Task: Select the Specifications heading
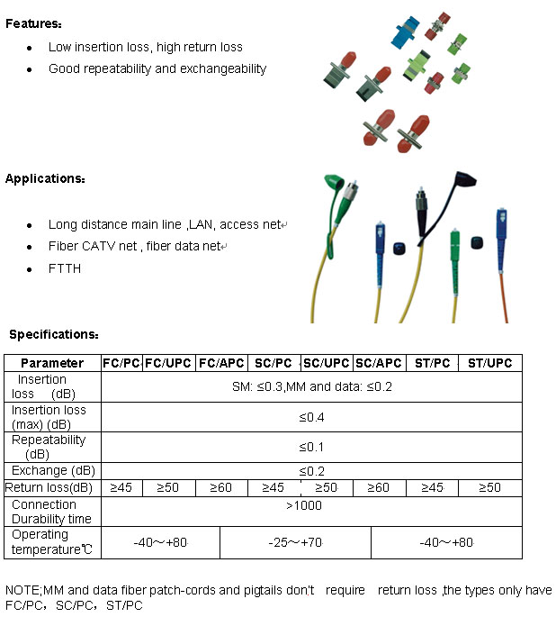(53, 334)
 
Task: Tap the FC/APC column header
(221, 363)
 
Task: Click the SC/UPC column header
(327, 363)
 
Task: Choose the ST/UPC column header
(490, 363)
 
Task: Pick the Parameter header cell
(52, 363)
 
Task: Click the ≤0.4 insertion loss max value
(311, 417)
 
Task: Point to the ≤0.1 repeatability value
(311, 447)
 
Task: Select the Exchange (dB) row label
(52, 470)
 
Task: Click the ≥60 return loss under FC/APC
(221, 487)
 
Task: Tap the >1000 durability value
(304, 505)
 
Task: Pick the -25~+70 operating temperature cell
(295, 542)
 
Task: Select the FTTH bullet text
(65, 268)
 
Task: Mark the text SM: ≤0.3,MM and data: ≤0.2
(311, 386)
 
